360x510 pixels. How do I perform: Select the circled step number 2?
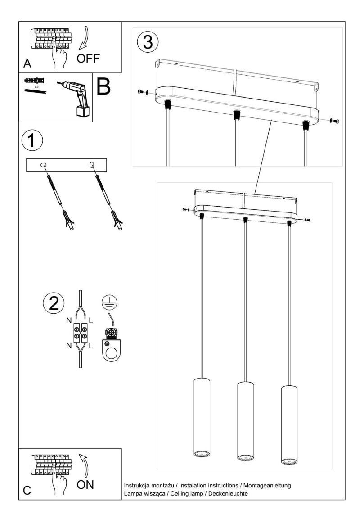54,303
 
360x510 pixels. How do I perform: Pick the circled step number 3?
148,43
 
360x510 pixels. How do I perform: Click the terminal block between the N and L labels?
81,334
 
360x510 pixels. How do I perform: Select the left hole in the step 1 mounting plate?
44,165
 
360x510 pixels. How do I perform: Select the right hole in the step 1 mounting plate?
92,165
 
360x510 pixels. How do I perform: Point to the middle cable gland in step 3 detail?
235,115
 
